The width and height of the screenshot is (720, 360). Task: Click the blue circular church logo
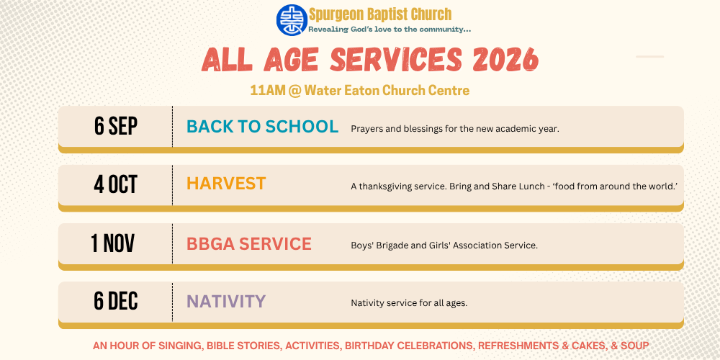coord(292,20)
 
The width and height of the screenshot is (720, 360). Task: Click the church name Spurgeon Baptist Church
coord(380,14)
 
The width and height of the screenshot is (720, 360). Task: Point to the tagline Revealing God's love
coord(390,30)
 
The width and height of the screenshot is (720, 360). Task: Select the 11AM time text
coord(268,91)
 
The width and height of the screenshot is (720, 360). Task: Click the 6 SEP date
coord(116,126)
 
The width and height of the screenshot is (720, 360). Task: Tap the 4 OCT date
coord(116,184)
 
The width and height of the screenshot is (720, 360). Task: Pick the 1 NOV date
coord(113,243)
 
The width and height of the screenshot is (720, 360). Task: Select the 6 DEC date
coord(116,301)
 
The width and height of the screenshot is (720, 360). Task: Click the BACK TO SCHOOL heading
coord(263,126)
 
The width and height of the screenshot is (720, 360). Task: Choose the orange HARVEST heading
coord(226,184)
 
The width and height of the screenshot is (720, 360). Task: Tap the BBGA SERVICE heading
coord(249,244)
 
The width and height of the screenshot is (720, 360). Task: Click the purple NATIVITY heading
coord(226,301)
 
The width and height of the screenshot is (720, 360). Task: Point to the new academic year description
coord(455,129)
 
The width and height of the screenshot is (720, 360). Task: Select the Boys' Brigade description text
coord(444,246)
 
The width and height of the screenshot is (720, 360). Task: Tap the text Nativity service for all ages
coord(409,304)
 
